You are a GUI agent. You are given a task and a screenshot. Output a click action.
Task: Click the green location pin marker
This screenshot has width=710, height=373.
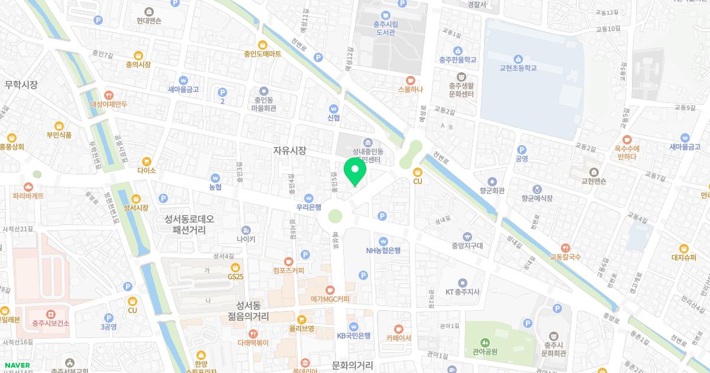(x=355, y=171)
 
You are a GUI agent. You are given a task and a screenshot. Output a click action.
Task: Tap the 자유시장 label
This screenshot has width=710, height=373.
(x=290, y=150)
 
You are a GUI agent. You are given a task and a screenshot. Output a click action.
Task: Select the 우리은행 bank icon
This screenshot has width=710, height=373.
(x=308, y=198)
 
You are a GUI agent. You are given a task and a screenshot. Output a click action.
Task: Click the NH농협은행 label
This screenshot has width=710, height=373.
(x=383, y=250)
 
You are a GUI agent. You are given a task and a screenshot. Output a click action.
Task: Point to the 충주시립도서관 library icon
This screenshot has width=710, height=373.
(x=386, y=15)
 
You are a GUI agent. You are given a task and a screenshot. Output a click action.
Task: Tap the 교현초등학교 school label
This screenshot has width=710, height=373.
(x=518, y=68)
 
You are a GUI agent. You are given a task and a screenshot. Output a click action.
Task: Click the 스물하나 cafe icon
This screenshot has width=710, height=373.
(x=411, y=80)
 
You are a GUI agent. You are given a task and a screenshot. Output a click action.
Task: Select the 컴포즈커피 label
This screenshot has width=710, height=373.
(x=288, y=271)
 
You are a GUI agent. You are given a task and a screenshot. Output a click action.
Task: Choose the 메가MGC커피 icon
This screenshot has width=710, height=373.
(x=330, y=290)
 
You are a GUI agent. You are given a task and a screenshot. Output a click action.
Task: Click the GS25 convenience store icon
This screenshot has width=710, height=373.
(x=235, y=266)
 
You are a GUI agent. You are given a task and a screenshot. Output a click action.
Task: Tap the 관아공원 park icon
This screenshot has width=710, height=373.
(x=485, y=342)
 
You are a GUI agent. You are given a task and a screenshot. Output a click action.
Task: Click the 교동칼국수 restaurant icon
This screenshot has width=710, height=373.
(x=566, y=247)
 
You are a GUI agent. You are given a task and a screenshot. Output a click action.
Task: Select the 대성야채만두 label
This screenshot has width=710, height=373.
(x=108, y=104)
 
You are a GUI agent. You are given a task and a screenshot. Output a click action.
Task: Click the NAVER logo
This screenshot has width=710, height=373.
(x=17, y=365)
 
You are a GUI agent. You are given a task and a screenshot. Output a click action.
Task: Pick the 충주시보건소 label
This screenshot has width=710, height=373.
(x=51, y=323)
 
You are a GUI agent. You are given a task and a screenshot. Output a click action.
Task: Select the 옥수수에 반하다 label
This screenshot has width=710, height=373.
(x=625, y=152)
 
